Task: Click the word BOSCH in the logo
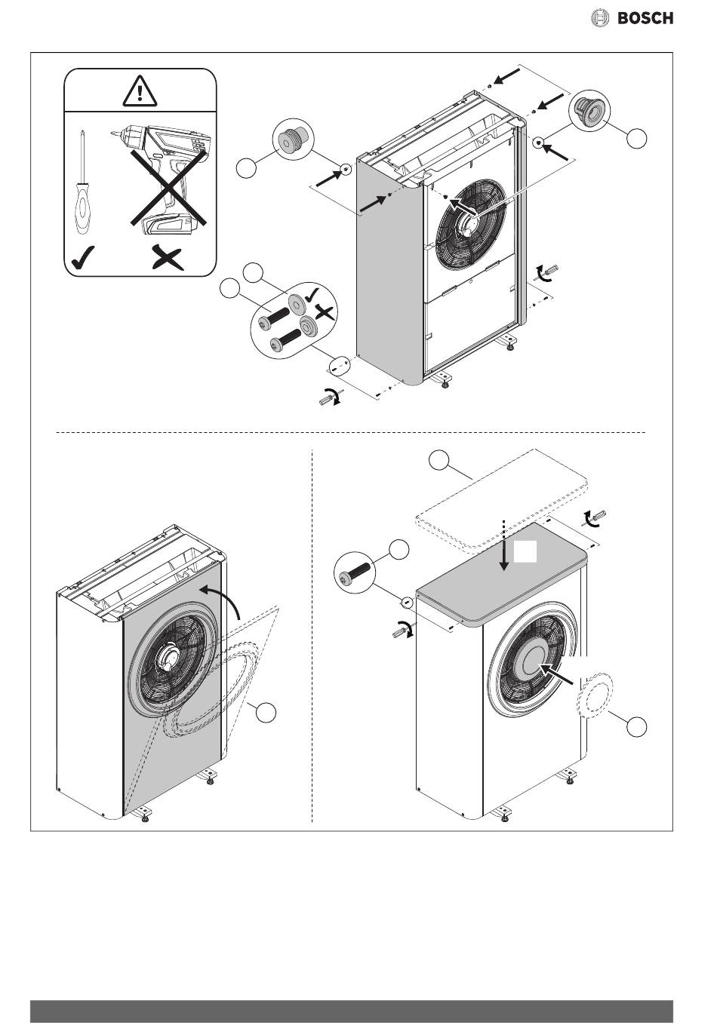[x=645, y=18]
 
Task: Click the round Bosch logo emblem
[x=599, y=18]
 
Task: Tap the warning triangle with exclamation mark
[x=140, y=92]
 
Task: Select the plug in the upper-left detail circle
[x=290, y=143]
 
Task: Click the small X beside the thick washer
[x=324, y=312]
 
